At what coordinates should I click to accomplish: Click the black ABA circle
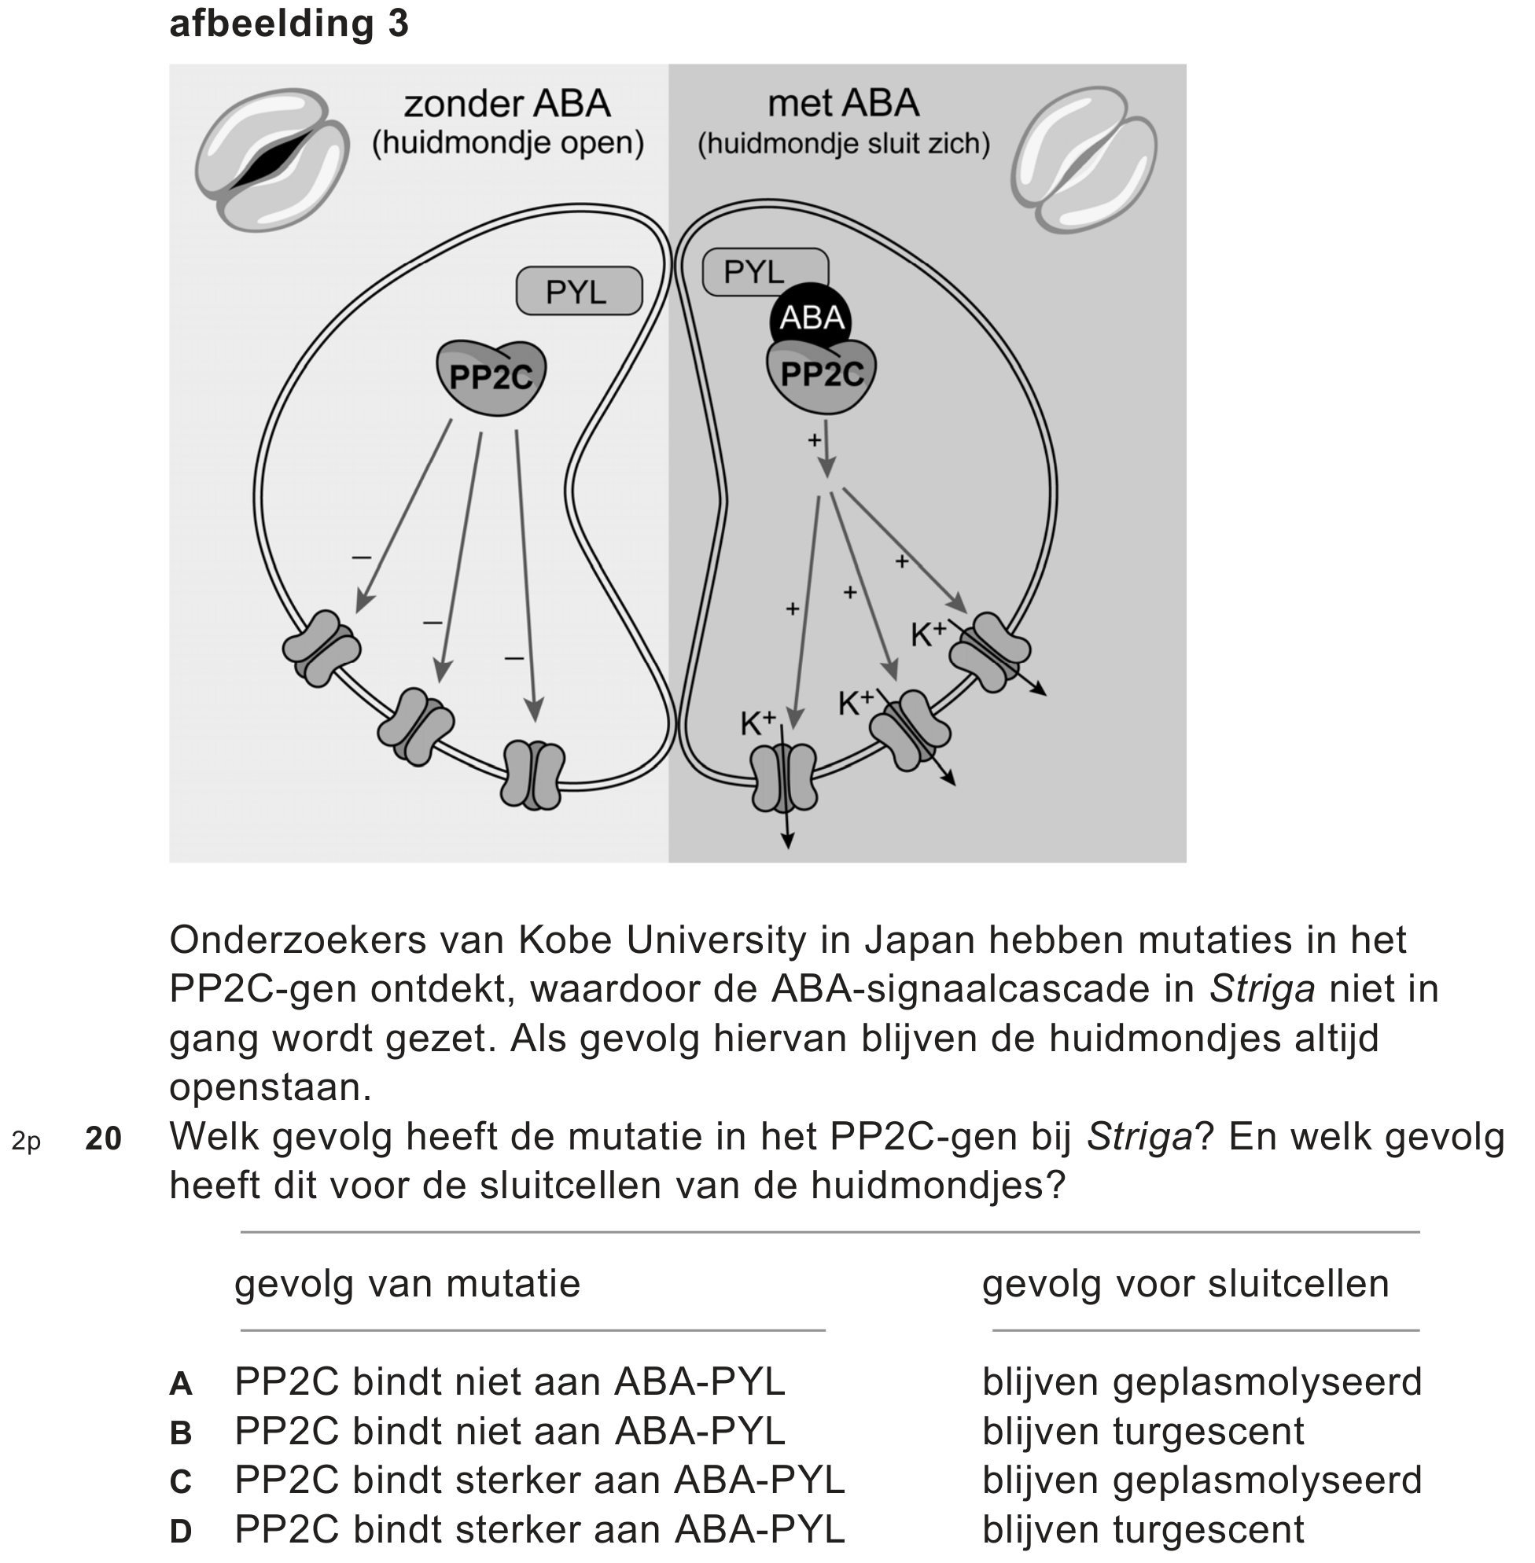pos(811,318)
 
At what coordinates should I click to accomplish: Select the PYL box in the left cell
pos(578,291)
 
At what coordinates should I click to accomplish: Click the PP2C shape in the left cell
pos(491,377)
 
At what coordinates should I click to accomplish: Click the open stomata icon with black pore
pos(271,159)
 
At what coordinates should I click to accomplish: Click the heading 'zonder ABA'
pos(507,104)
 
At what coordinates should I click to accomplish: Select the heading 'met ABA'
pos(842,103)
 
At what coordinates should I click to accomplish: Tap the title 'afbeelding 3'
pos(289,24)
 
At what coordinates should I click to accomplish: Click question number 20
pos(103,1138)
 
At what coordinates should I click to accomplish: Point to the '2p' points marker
pos(26,1141)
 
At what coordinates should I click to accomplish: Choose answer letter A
pos(181,1384)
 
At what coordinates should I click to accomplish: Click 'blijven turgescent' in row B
pos(1143,1432)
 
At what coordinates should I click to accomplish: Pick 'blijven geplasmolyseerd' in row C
pos(1202,1480)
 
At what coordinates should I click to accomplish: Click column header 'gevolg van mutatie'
pos(407,1284)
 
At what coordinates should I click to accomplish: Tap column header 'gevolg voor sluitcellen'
pos(1185,1284)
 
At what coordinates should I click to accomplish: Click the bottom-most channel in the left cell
pos(533,775)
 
